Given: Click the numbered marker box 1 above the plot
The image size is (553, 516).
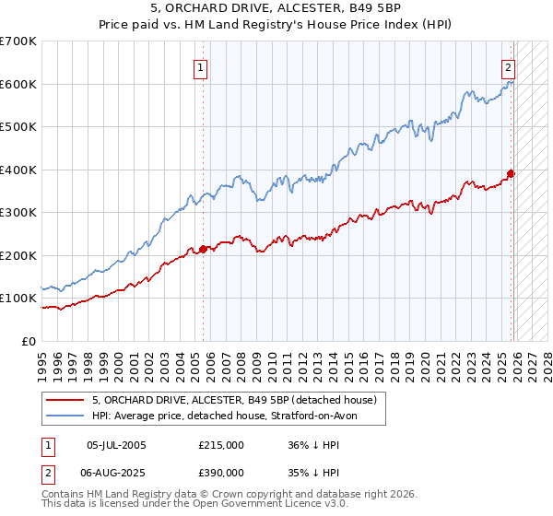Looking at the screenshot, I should click(x=200, y=66).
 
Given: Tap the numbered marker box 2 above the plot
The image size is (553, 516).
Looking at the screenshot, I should click(x=508, y=66).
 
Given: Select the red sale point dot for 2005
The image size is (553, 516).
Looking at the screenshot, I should click(x=204, y=249).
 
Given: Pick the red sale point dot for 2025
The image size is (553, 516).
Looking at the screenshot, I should click(x=512, y=173).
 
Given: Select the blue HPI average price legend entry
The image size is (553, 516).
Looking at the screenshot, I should click(x=230, y=416).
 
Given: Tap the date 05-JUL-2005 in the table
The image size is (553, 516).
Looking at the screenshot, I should click(x=115, y=444).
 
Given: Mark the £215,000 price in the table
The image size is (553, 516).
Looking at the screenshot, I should click(x=221, y=444).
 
